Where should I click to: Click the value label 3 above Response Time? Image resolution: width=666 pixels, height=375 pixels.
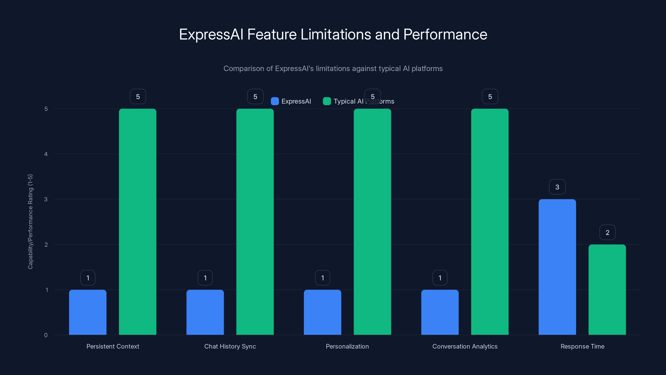point(557,187)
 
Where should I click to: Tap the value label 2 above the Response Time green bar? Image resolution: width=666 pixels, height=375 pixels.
point(607,232)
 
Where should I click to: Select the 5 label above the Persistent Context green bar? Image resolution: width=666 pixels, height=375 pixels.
point(138,96)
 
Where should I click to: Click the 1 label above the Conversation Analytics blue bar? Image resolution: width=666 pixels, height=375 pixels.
point(440,278)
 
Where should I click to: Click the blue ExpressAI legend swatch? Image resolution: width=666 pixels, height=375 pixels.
point(275,101)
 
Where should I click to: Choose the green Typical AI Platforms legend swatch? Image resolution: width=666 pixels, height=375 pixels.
point(327,101)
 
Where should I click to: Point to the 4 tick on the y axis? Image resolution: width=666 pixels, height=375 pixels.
point(46,154)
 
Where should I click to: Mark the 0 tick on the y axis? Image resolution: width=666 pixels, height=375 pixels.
point(46,335)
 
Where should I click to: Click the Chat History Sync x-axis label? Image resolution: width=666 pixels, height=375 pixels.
point(230,346)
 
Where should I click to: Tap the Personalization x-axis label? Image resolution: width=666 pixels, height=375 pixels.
point(347,346)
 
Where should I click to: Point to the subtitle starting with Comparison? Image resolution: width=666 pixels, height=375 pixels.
point(333,69)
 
